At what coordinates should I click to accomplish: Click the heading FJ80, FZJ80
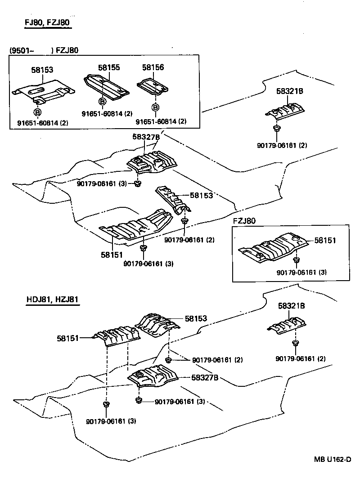(x=48, y=23)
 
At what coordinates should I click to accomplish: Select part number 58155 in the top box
(x=109, y=67)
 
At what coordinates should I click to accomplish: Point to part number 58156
(x=153, y=67)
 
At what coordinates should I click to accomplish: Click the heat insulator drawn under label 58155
(x=106, y=87)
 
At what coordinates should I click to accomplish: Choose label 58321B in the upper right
(x=290, y=91)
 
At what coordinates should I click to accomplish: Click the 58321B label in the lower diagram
(x=292, y=306)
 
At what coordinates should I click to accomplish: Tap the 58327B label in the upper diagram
(x=146, y=137)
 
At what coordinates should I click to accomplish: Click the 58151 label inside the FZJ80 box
(x=325, y=241)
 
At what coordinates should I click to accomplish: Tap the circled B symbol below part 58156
(x=155, y=108)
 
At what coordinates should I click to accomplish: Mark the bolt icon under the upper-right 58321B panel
(x=276, y=130)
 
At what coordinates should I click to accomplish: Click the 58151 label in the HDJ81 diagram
(x=68, y=337)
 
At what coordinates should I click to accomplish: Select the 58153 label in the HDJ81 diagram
(x=196, y=318)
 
